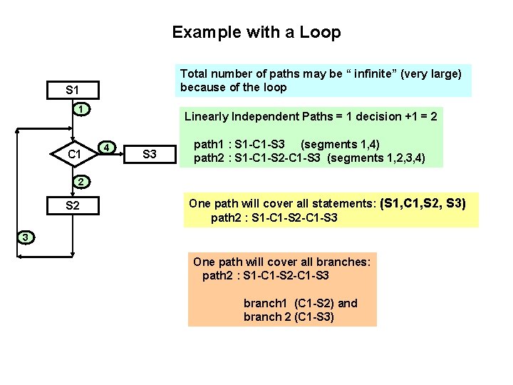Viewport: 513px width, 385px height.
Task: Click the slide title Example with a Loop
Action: click(256, 32)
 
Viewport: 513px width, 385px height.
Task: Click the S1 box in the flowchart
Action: click(72, 91)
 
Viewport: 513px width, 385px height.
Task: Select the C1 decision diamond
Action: click(73, 153)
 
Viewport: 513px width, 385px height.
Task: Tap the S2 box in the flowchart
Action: click(72, 207)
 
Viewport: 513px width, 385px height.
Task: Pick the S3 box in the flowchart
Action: click(150, 153)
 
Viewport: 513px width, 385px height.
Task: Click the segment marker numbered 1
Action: click(83, 109)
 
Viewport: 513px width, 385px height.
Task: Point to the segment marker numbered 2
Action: click(82, 181)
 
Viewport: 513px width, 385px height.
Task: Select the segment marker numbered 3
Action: click(24, 237)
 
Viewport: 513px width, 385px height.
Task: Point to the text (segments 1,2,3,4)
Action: click(376, 158)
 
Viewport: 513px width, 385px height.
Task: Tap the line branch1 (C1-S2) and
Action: click(301, 303)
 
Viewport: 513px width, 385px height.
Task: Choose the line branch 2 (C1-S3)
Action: click(289, 317)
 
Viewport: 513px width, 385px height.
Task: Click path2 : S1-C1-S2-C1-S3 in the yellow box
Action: click(274, 217)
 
